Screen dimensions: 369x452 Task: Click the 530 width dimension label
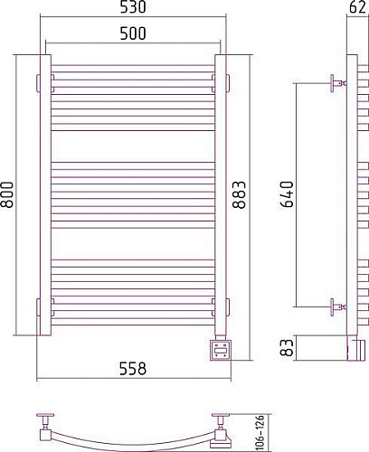click(133, 7)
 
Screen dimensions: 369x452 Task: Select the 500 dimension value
click(133, 33)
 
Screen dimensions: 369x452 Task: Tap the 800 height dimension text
click(7, 194)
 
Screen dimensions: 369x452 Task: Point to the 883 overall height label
click(239, 194)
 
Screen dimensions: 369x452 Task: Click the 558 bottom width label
click(133, 369)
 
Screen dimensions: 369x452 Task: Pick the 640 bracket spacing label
click(287, 194)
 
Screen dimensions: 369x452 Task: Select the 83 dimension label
click(287, 348)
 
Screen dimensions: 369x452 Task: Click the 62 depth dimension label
click(357, 7)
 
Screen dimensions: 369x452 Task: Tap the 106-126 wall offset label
click(260, 433)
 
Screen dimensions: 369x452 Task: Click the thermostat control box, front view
click(221, 350)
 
